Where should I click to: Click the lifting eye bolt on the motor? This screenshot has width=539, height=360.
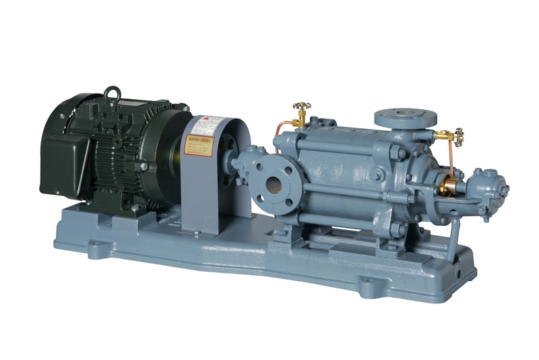click(112, 95)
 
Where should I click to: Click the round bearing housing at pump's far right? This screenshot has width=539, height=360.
click(488, 185)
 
